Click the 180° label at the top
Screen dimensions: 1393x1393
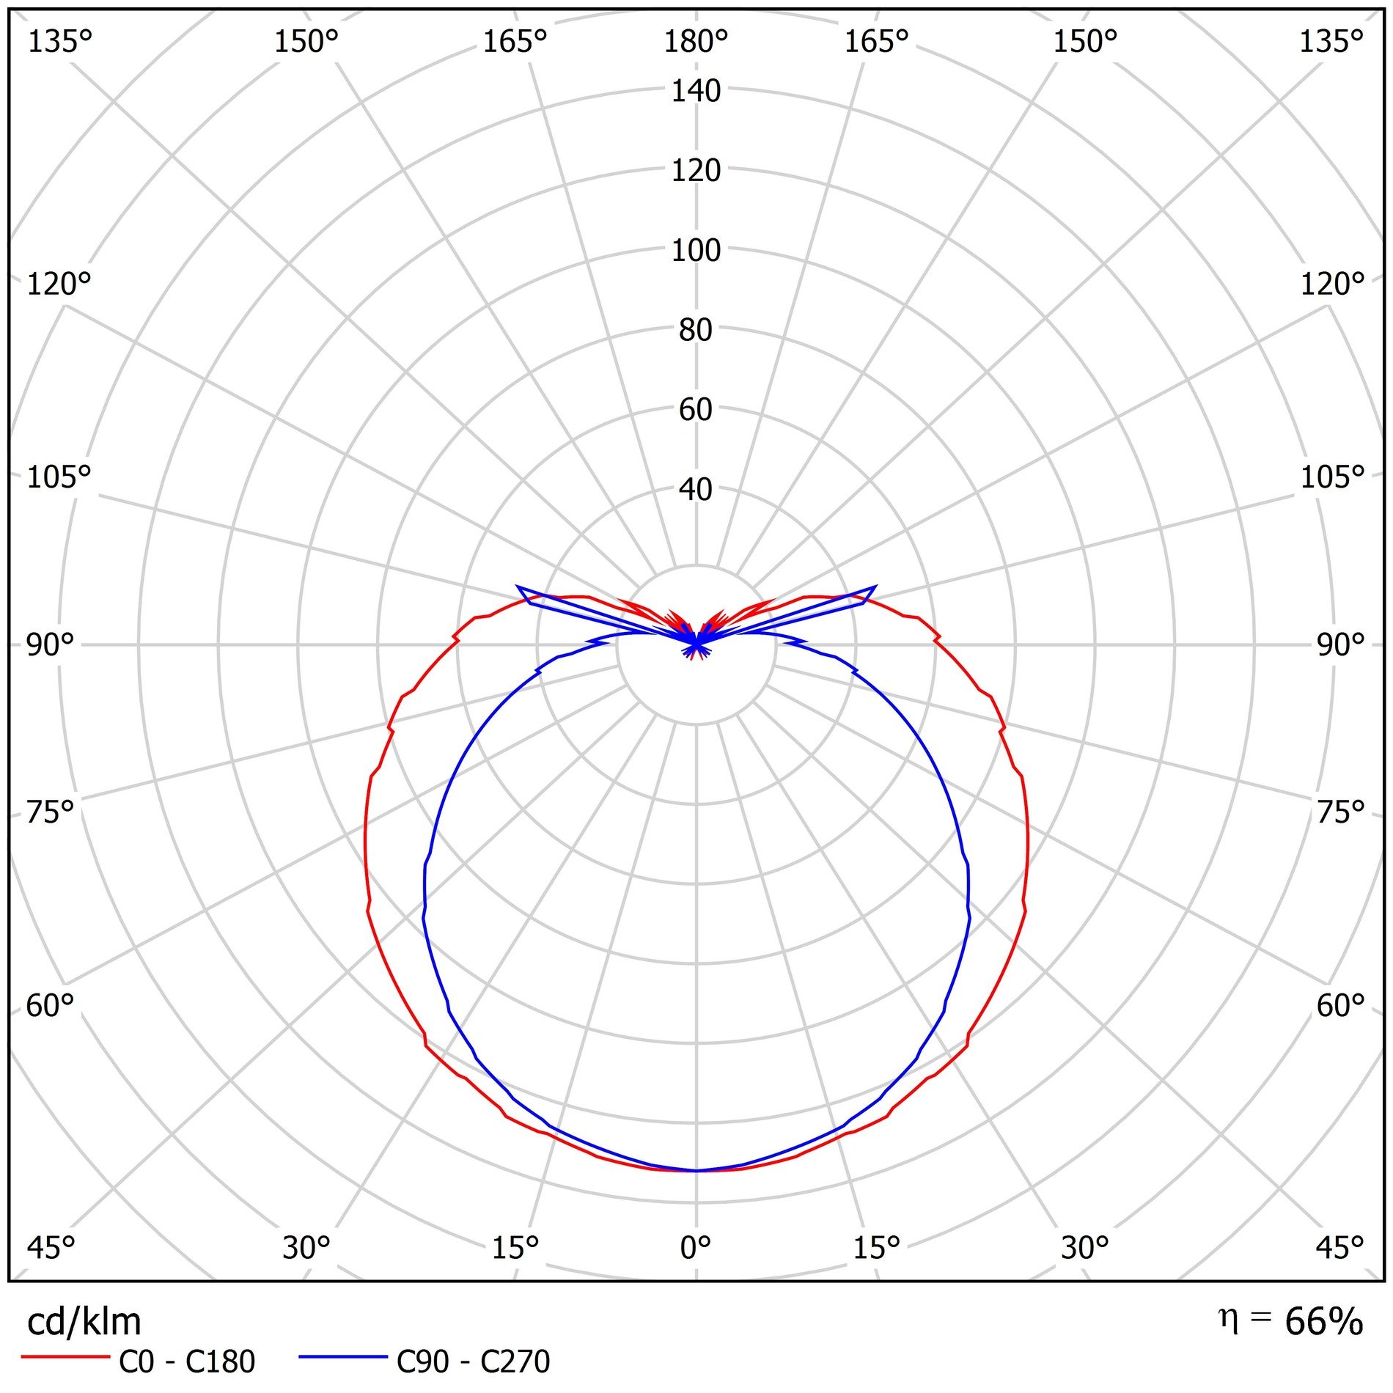coord(695,43)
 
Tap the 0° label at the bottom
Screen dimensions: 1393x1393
coord(695,1247)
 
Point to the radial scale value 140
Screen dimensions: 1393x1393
coord(696,91)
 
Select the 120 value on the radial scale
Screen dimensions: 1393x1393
coord(696,171)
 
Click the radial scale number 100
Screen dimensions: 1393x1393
coord(696,251)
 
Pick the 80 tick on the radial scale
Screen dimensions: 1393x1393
coord(696,330)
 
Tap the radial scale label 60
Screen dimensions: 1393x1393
coord(696,410)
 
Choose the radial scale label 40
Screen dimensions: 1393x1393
coord(696,490)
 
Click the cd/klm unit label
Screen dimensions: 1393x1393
coord(84,1322)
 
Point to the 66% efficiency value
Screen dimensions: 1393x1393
coord(1323,1322)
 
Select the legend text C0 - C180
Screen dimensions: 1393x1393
coord(187,1362)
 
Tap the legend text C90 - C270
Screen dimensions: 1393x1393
coord(473,1362)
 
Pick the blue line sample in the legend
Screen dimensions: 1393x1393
coord(342,1358)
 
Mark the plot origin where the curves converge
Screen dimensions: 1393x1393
coord(696,644)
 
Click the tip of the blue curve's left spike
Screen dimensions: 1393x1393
coord(518,587)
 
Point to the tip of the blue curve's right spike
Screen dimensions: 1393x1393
coord(875,587)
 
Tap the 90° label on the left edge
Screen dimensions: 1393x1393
coord(50,645)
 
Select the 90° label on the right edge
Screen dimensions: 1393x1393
coord(1340,645)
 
